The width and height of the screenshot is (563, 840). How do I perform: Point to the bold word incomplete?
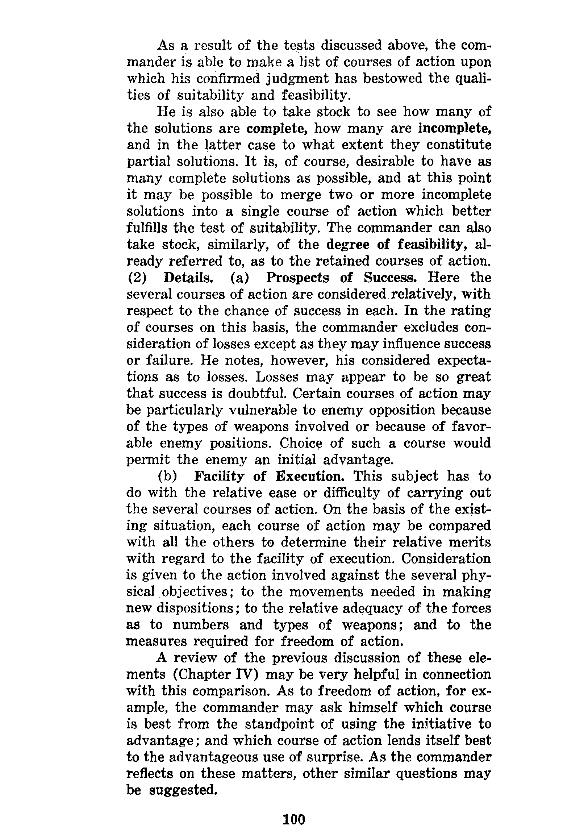[x=454, y=129]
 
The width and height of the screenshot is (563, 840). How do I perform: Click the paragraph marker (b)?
[x=167, y=477]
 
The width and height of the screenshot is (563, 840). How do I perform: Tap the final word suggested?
[x=183, y=790]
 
